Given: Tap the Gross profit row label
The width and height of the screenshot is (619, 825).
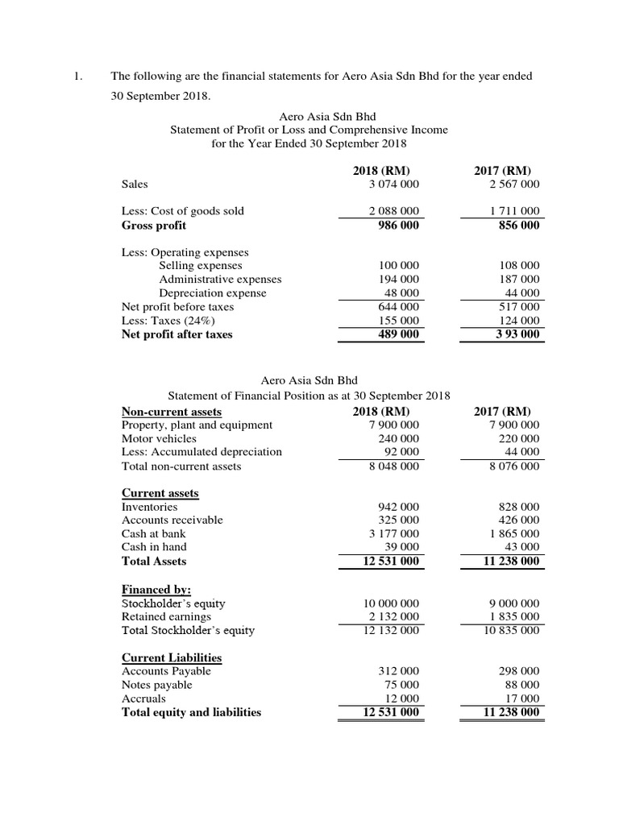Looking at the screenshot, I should click(153, 226).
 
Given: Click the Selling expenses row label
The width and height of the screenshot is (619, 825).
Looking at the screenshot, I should click(200, 265).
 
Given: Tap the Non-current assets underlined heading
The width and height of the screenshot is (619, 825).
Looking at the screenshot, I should click(171, 411).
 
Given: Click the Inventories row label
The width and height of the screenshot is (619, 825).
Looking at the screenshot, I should click(149, 507).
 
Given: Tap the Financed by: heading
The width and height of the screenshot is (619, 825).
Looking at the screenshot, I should click(156, 589).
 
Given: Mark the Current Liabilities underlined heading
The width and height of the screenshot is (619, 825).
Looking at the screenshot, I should click(171, 657).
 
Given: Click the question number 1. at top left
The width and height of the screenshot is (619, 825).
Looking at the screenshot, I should click(78, 77).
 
